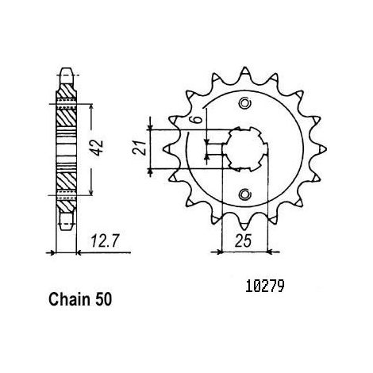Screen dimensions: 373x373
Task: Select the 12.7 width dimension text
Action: pos(104,241)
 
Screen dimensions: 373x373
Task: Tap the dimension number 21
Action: pos(140,148)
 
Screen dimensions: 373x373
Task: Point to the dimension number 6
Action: pos(198,119)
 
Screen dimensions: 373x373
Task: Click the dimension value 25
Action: pos(243,241)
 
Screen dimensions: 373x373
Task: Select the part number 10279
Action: pos(265,286)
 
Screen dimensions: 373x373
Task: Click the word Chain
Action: pos(69,299)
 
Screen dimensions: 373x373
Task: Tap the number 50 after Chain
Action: pos(103,300)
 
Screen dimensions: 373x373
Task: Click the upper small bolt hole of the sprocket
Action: pos(244,103)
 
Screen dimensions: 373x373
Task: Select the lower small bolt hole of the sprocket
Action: pos(244,194)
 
